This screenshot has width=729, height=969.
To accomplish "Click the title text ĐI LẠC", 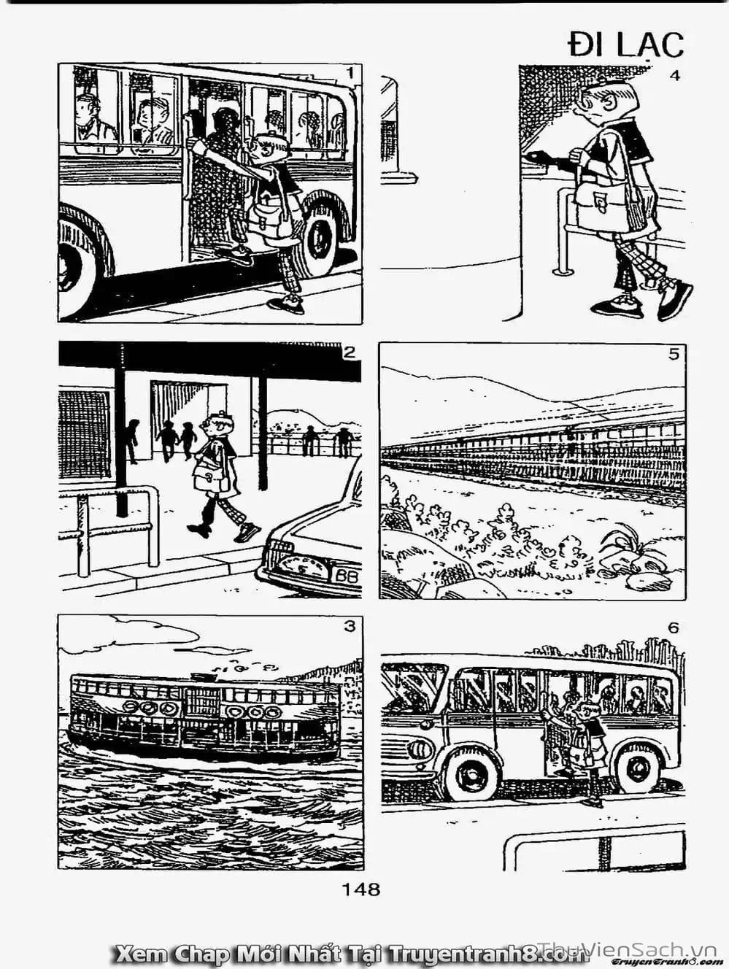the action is coord(626,45).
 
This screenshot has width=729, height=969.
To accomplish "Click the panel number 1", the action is coord(351,72).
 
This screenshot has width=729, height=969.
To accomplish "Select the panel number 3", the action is coord(350,627).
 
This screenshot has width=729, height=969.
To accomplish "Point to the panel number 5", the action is coord(674,354).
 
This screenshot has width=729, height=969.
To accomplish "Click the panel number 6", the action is coord(674,628).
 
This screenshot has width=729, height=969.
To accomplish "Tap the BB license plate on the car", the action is coord(348,576).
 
